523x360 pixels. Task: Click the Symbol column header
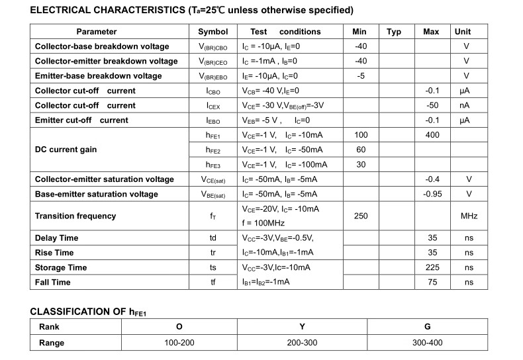(213, 32)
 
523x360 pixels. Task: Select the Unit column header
(463, 32)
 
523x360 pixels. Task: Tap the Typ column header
(394, 32)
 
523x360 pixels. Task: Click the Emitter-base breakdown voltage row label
(98, 76)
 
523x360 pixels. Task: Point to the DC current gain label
(66, 150)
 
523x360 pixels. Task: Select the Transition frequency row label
(75, 216)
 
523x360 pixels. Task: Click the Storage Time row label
(61, 267)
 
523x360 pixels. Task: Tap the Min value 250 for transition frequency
(361, 216)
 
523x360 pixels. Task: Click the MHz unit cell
(469, 216)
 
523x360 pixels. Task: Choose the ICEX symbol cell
(213, 106)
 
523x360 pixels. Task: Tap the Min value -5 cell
(361, 76)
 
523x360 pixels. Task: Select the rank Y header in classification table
(302, 327)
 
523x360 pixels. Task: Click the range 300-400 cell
(427, 343)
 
